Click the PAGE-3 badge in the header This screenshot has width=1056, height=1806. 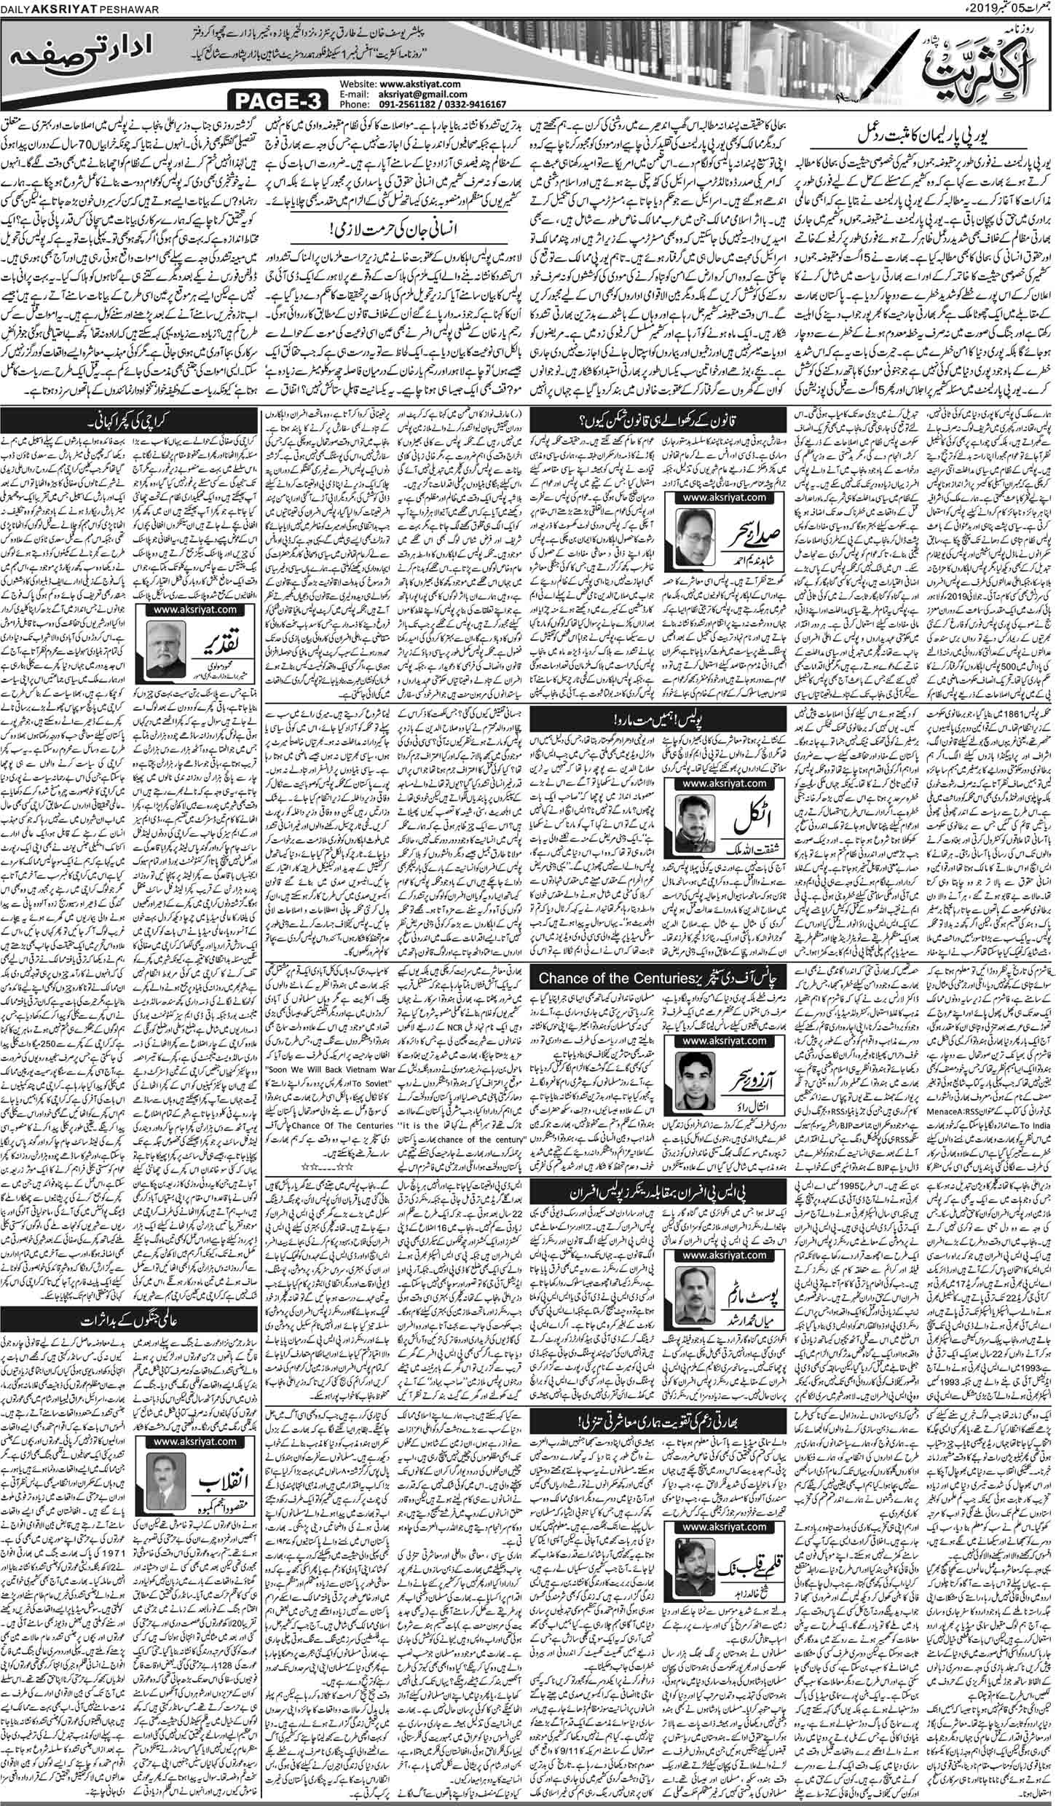281,98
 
